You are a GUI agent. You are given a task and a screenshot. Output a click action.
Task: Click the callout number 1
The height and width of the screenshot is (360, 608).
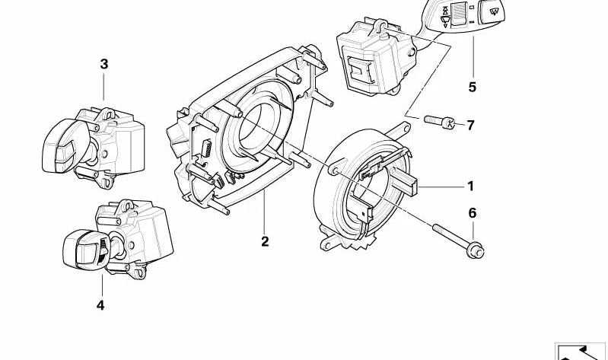coord(470,186)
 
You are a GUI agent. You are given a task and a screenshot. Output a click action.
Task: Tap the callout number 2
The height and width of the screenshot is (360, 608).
coord(265,241)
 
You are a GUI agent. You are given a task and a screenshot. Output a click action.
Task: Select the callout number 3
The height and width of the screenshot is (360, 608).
coord(104,64)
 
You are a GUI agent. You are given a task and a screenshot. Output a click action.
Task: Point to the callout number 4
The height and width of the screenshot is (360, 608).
coord(100,305)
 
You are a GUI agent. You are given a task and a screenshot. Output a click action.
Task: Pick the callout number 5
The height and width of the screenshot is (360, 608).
coord(472,87)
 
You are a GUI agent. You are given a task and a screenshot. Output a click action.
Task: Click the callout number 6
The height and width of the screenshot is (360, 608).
coord(473,212)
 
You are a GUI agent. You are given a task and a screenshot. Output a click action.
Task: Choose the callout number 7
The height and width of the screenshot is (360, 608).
coord(470,125)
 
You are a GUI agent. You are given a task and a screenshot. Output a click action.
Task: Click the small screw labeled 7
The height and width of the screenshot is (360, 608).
coord(439,122)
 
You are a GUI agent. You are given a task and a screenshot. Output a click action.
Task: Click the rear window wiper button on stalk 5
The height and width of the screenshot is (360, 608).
coord(492,11)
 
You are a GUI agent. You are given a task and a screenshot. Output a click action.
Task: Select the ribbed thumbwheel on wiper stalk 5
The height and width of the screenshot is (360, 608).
coord(458,14)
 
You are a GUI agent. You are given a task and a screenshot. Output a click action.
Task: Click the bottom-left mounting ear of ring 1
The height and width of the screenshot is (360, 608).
coord(328,244)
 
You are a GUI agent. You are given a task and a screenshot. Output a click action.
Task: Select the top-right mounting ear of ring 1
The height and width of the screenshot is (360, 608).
coord(401,128)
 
